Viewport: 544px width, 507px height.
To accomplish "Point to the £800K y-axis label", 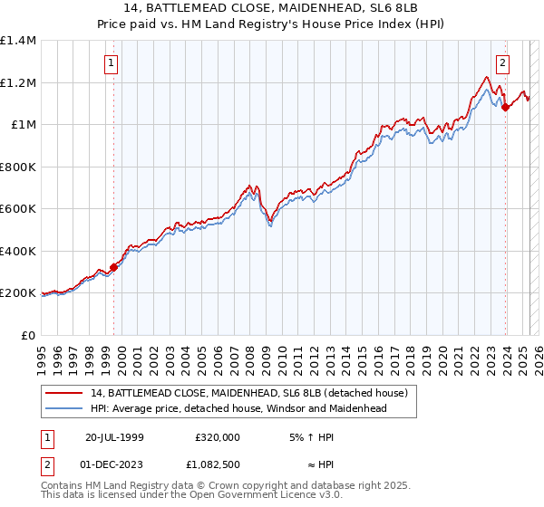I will pyautogui.click(x=18, y=167).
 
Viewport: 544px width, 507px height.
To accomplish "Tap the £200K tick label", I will pyautogui.click(x=18, y=293).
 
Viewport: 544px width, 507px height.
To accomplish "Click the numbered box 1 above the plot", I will pyautogui.click(x=112, y=63).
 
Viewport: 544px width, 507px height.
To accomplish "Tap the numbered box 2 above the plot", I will pyautogui.click(x=502, y=63).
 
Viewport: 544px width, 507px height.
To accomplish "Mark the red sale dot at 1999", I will pyautogui.click(x=114, y=268).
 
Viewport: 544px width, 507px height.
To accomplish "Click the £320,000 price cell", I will pyautogui.click(x=218, y=436).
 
